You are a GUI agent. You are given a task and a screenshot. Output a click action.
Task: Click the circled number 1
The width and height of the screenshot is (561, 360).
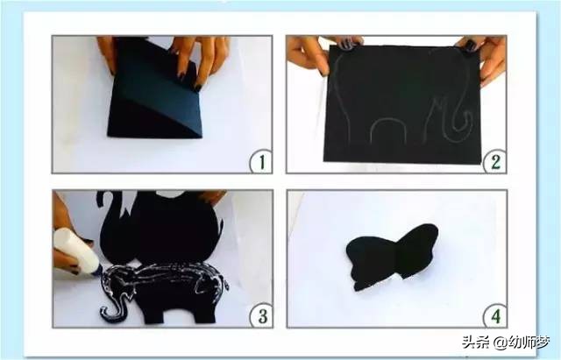(x=261, y=161)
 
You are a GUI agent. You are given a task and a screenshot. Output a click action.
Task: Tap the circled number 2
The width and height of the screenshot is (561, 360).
(x=495, y=161)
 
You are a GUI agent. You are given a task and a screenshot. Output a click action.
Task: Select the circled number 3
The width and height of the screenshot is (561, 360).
(x=262, y=315)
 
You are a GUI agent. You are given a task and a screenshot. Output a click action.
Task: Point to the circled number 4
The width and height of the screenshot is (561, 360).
(x=495, y=316)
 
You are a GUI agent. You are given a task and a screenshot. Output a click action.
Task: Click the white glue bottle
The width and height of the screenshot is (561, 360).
(x=76, y=251)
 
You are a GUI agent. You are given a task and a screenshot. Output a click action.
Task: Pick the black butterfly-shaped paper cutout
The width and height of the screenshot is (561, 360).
(x=392, y=257)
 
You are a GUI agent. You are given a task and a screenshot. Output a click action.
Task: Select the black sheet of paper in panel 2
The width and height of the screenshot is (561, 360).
(x=402, y=103)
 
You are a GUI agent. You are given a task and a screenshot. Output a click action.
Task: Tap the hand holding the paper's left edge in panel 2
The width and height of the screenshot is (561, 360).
(x=307, y=53)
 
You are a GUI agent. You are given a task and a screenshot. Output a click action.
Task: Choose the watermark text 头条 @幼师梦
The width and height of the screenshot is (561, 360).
(x=505, y=342)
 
